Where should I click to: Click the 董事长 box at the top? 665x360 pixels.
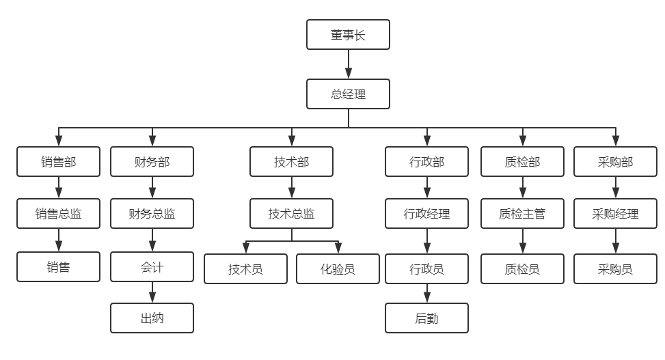pyautogui.click(x=348, y=35)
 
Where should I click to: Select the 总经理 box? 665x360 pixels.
pyautogui.click(x=348, y=94)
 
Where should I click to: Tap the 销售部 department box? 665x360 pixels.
pyautogui.click(x=58, y=162)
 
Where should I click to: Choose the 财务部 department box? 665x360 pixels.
pyautogui.click(x=152, y=162)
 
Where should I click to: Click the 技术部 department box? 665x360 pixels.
pyautogui.click(x=292, y=162)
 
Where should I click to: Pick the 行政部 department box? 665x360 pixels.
pyautogui.click(x=426, y=162)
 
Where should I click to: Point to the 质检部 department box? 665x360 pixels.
pyautogui.click(x=522, y=162)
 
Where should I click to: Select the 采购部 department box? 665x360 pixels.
pyautogui.click(x=615, y=162)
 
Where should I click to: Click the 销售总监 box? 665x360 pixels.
pyautogui.click(x=58, y=214)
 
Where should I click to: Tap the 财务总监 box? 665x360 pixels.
pyautogui.click(x=152, y=214)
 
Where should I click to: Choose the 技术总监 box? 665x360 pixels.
pyautogui.click(x=292, y=214)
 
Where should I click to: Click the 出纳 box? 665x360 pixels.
pyautogui.click(x=152, y=318)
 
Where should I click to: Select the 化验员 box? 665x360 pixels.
pyautogui.click(x=338, y=269)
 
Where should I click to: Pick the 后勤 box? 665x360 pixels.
pyautogui.click(x=426, y=318)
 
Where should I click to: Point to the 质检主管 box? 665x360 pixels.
pyautogui.click(x=522, y=214)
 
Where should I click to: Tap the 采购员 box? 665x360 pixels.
pyautogui.click(x=615, y=269)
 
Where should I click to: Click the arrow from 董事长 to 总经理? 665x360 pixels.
pyautogui.click(x=348, y=64)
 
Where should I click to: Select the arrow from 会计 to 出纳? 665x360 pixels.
pyautogui.click(x=152, y=292)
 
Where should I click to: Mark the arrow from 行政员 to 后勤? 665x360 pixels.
pyautogui.click(x=426, y=293)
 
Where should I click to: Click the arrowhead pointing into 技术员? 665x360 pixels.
pyautogui.click(x=246, y=248)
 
